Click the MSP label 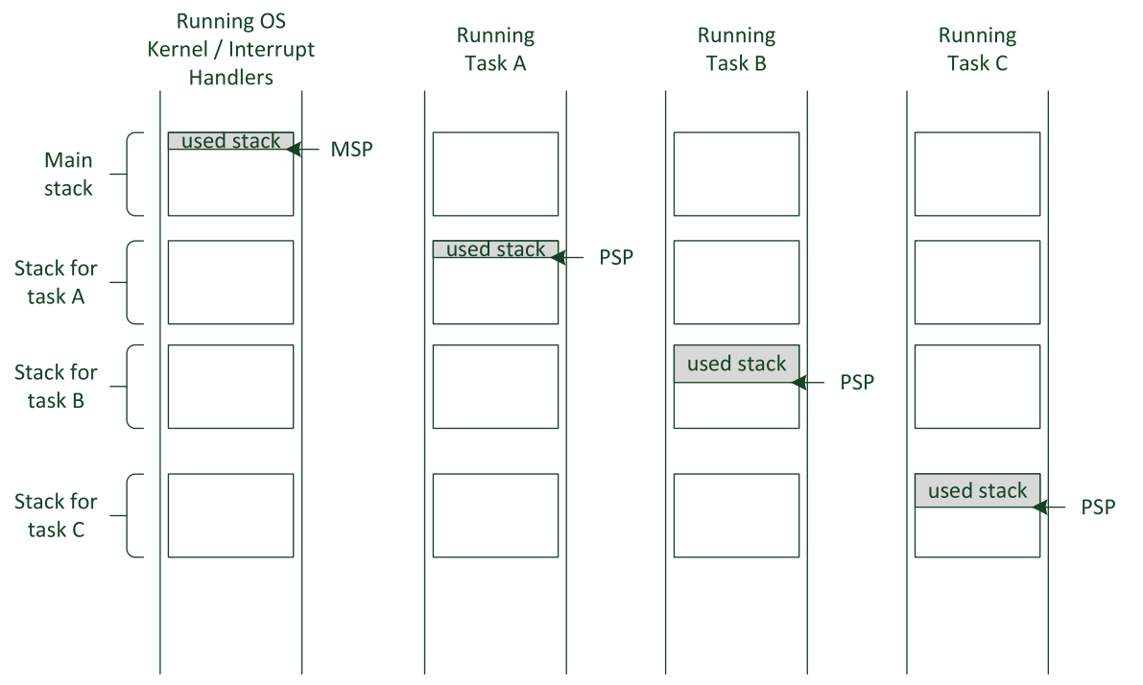pyautogui.click(x=351, y=151)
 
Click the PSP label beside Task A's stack pyautogui.click(x=616, y=258)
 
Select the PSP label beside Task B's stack pyautogui.click(x=857, y=383)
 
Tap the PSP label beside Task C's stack pyautogui.click(x=1098, y=508)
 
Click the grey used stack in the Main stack pyautogui.click(x=230, y=141)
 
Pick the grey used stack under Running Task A pyautogui.click(x=495, y=249)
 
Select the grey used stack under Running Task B pyautogui.click(x=736, y=364)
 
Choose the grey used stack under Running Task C pyautogui.click(x=977, y=490)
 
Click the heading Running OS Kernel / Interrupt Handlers pyautogui.click(x=231, y=50)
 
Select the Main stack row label pyautogui.click(x=68, y=174)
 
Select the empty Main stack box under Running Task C pyautogui.click(x=977, y=174)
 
